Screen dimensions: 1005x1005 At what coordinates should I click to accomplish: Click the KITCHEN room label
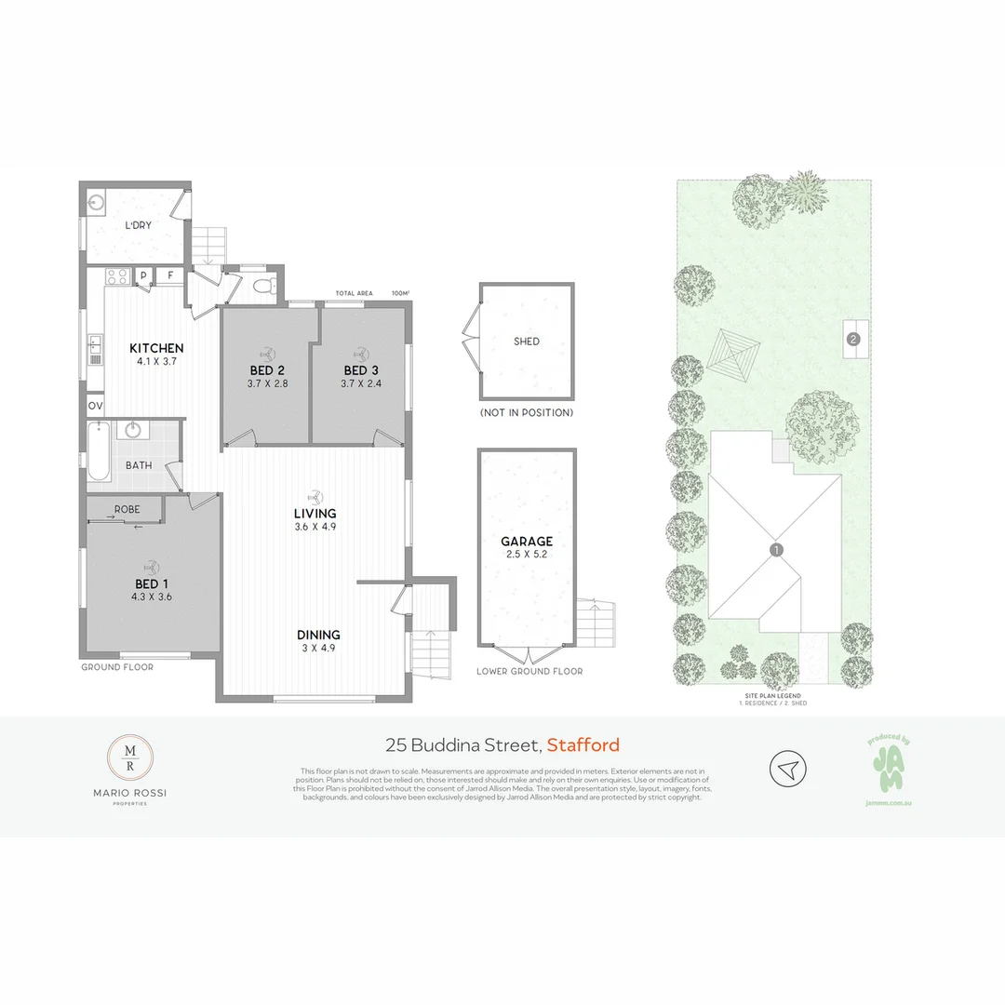(x=156, y=348)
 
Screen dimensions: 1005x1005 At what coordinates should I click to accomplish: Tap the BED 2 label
(x=266, y=369)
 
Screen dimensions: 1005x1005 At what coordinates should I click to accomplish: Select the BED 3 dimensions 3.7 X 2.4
(x=361, y=382)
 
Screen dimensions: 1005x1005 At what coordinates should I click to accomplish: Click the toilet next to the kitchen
(x=264, y=286)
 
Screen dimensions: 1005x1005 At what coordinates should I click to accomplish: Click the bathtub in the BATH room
(x=101, y=452)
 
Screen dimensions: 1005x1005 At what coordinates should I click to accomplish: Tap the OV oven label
(x=95, y=407)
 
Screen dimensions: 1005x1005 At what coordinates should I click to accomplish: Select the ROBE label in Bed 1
(x=127, y=510)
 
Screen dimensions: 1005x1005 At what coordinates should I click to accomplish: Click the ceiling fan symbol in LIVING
(x=315, y=496)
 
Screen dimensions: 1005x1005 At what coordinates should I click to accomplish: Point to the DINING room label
(x=318, y=635)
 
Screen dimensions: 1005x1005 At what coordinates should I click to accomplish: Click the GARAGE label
(x=527, y=541)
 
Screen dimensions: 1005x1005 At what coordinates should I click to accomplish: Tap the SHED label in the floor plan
(x=527, y=342)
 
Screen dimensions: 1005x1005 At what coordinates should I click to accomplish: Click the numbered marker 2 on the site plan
(x=852, y=340)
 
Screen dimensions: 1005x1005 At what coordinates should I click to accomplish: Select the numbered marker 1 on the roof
(x=777, y=550)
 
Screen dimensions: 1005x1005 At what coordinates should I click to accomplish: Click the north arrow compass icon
(x=788, y=769)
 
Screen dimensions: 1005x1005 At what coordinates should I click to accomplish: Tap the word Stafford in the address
(x=583, y=744)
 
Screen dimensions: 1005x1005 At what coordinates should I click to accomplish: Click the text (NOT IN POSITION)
(x=527, y=412)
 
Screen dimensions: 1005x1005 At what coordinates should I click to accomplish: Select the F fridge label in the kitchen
(x=170, y=275)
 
